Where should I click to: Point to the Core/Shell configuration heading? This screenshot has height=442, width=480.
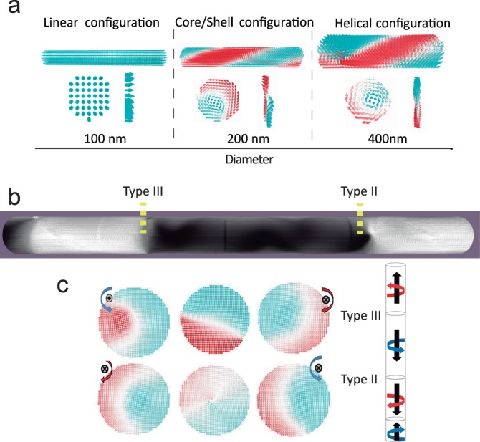click(x=240, y=24)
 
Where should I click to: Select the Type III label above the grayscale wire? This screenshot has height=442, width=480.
click(x=143, y=193)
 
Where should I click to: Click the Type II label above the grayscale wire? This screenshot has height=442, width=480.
click(x=360, y=193)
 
